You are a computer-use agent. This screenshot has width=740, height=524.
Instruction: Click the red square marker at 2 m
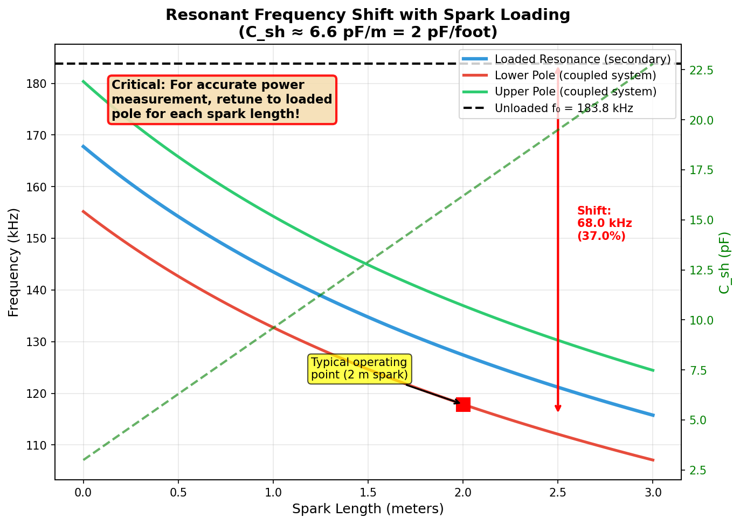463,404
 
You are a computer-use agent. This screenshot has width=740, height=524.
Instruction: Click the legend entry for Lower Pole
575,75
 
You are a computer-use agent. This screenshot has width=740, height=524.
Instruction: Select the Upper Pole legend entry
575,92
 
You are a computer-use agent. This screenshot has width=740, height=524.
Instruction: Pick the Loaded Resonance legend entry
582,59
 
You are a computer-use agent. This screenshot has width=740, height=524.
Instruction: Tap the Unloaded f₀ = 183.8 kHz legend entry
563,108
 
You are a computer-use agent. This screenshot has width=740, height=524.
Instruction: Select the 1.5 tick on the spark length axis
368,492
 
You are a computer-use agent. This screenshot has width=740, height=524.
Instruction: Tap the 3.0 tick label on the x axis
653,492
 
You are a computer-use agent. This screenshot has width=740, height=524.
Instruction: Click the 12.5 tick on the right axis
702,270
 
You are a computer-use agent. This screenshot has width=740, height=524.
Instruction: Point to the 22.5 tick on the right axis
702,71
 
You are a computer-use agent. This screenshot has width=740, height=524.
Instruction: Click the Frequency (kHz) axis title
13,263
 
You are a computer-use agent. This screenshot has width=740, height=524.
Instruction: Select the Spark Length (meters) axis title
368,509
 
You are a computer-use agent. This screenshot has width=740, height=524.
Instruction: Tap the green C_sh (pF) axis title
725,263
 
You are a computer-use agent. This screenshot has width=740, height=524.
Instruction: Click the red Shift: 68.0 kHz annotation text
604,223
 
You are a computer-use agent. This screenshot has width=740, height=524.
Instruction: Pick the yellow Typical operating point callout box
359,369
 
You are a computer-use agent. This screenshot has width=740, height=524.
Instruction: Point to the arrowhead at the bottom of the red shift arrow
558,409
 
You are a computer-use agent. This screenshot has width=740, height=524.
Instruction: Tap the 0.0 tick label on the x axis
83,492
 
